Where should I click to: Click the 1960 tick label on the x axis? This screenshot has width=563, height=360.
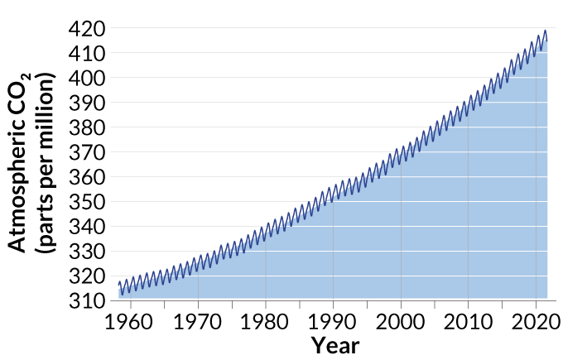[131, 320]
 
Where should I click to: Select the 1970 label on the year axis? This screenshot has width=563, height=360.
[198, 320]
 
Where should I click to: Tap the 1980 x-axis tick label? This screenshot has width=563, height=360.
[266, 320]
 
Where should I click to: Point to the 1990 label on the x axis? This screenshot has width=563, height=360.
[333, 320]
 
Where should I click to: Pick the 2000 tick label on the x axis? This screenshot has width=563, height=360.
[401, 320]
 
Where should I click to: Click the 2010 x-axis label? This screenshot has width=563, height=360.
[468, 320]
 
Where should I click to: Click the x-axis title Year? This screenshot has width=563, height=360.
[335, 345]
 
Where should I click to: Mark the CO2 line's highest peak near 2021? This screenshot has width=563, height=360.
[545, 31]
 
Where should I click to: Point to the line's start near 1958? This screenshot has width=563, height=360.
[119, 284]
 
